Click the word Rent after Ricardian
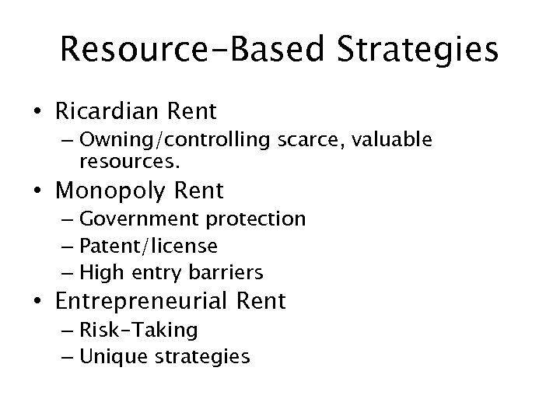(188, 112)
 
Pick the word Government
(138, 219)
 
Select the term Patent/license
(149, 246)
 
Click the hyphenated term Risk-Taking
(138, 331)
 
